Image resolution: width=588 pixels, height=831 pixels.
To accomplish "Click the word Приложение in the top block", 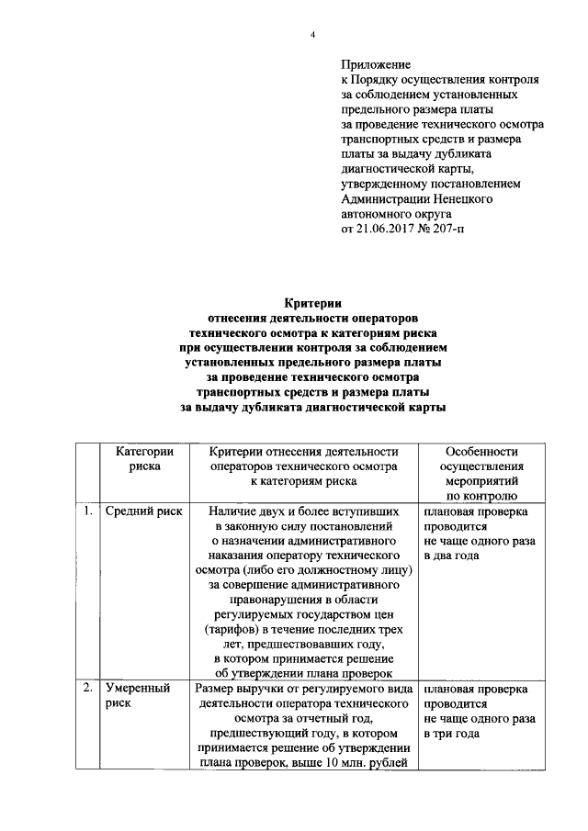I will (377, 65).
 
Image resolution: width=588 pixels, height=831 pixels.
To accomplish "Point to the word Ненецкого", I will (459, 197).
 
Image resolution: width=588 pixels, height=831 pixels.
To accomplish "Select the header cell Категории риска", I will (145, 458).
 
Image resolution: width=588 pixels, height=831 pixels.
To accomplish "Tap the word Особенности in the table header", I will (481, 451).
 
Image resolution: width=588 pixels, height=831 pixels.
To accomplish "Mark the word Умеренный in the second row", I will (138, 688).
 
